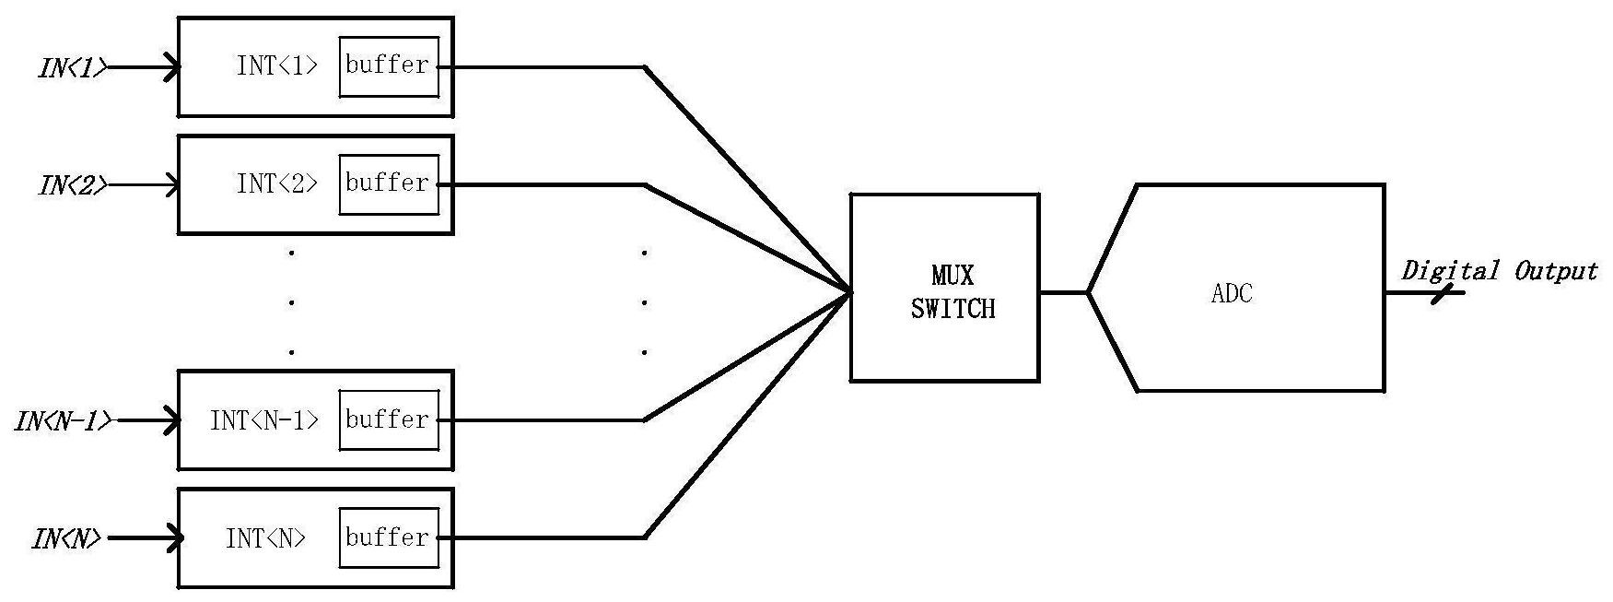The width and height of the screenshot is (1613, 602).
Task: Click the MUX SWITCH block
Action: point(944,288)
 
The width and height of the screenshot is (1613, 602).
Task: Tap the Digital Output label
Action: point(1499,271)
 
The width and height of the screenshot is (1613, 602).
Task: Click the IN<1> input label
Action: point(73,68)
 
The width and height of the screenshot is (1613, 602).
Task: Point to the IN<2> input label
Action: point(73,185)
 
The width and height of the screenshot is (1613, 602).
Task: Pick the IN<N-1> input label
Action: point(64,421)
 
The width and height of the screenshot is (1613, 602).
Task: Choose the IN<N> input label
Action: point(66,538)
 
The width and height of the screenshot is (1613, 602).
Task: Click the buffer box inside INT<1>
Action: point(389,66)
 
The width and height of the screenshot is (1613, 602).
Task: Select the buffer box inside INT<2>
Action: point(389,184)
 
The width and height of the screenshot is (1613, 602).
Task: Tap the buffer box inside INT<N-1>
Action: point(389,420)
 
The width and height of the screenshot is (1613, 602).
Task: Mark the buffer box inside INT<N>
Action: point(389,538)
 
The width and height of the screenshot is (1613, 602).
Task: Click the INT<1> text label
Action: point(277,66)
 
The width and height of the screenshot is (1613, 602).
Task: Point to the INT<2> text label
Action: point(277,183)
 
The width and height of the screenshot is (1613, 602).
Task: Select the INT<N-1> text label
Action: point(264,420)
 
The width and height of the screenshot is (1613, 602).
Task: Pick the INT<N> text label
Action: point(266,538)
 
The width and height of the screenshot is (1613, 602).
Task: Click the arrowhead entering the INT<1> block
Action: point(171,67)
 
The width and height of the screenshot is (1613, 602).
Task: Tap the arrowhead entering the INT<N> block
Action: point(172,537)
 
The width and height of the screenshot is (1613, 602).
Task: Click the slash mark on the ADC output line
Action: point(1443,293)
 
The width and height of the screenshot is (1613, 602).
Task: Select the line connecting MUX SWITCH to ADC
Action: point(1064,292)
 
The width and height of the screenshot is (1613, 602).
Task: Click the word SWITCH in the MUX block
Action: point(953,309)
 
